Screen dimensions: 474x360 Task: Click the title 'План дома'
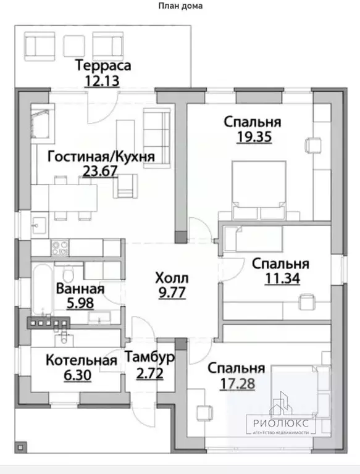tap(180, 6)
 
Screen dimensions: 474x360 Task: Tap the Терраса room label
tap(103, 65)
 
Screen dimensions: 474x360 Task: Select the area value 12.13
tap(103, 80)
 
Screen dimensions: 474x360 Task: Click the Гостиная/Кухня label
tap(101, 156)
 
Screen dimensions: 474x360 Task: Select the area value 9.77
tap(171, 294)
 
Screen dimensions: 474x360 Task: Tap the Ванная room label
tap(80, 289)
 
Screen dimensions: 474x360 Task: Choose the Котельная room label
tap(82, 360)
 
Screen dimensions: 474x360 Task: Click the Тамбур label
tap(149, 357)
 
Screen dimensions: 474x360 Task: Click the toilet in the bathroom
tap(68, 273)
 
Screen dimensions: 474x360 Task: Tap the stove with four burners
tap(60, 248)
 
